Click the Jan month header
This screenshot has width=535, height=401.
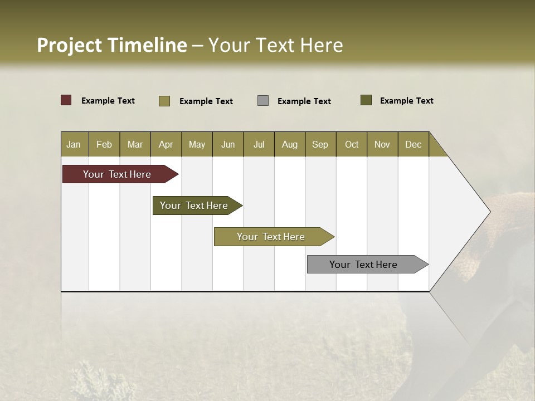pos(74,144)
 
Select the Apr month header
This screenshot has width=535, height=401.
pos(166,144)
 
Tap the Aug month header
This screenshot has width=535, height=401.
pos(289,144)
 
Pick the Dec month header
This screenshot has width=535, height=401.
pos(413,144)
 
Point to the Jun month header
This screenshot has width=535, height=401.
pos(227,144)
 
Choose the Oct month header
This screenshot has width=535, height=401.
pos(351,144)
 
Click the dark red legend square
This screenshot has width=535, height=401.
pos(66,100)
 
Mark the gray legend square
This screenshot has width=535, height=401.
pos(263,101)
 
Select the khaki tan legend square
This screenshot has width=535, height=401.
pos(164,101)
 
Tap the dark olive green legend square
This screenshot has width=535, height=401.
pos(366,100)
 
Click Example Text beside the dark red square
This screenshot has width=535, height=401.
pos(108,101)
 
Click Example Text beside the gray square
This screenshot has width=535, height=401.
pos(304,101)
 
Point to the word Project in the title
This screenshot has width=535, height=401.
pos(69,46)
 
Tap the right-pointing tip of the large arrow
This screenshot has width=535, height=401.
pos(489,212)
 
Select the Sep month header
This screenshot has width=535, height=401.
pos(320,144)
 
